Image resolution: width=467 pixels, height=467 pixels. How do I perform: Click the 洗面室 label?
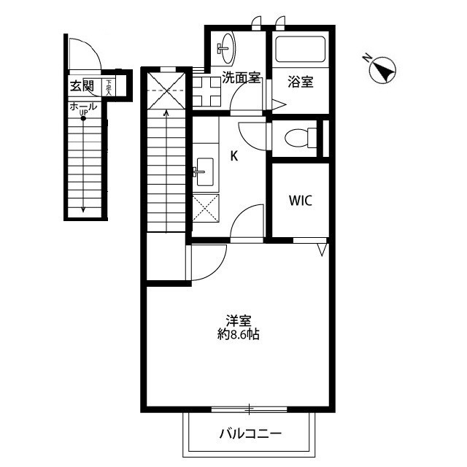[x=242, y=79]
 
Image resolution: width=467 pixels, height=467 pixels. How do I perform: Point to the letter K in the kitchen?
[x=235, y=155]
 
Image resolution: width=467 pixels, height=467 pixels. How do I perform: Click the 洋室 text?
[x=239, y=320]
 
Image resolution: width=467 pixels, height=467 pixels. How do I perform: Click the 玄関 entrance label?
[x=82, y=86]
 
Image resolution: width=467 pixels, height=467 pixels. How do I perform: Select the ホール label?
[x=83, y=107]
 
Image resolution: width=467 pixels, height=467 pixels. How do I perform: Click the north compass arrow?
[x=382, y=69]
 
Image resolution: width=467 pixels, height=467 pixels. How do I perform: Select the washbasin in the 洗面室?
[x=225, y=47]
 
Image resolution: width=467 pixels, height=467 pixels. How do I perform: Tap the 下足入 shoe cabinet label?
[x=109, y=88]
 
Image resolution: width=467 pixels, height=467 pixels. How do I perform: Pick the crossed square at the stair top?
[x=166, y=88]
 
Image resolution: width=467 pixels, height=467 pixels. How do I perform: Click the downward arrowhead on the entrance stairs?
[x=83, y=209]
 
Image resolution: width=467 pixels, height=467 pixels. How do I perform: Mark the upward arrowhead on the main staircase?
[x=167, y=112]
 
